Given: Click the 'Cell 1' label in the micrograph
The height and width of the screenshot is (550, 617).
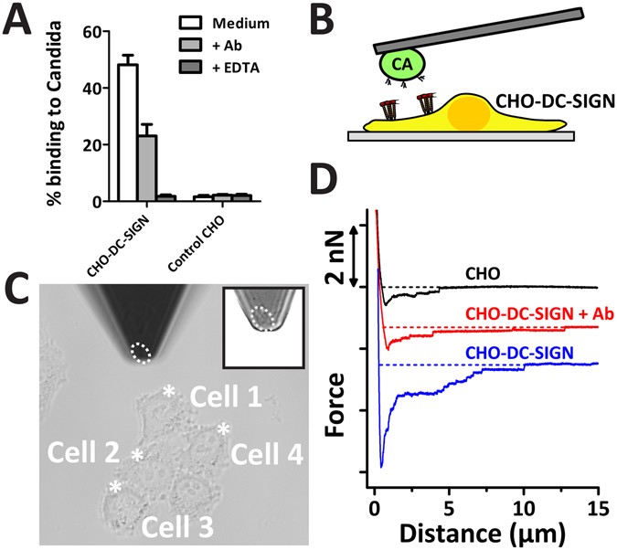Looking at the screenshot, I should coord(225,398).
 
